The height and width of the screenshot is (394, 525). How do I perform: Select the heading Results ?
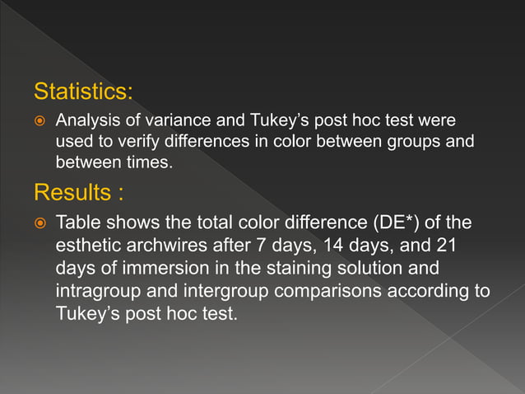tap(79, 193)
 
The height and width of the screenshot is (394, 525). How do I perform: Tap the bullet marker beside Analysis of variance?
tap(38, 121)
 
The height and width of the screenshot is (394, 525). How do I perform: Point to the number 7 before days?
tap(249, 246)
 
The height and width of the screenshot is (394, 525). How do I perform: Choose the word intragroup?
tap(95, 291)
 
